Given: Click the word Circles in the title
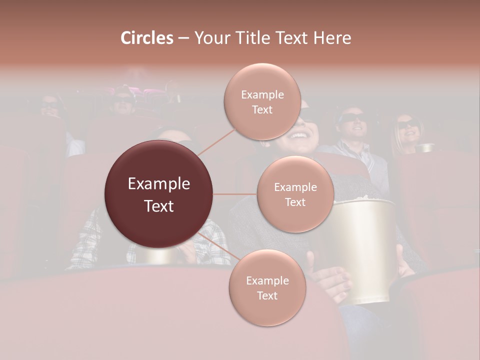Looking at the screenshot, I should (x=147, y=38).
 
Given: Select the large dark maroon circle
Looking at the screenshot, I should (x=158, y=194).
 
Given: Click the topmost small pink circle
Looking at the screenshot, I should (x=262, y=101).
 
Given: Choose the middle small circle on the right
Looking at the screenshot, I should (x=295, y=194).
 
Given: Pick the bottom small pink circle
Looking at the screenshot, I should (x=267, y=287).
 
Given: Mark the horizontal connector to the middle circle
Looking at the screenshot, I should (x=234, y=194).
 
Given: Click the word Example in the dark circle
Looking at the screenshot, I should (x=158, y=184).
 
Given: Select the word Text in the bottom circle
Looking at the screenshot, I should (x=267, y=295).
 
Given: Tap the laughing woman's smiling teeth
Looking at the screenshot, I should (x=298, y=135).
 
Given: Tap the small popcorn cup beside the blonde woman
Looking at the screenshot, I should (x=426, y=147).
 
